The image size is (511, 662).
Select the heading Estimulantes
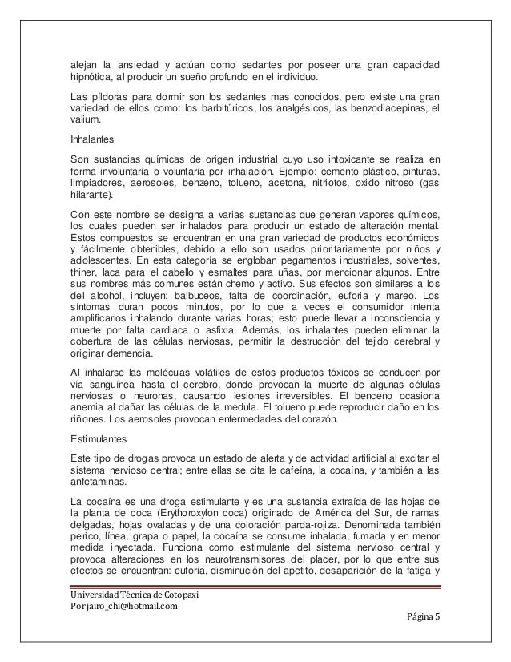(x=96, y=439)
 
